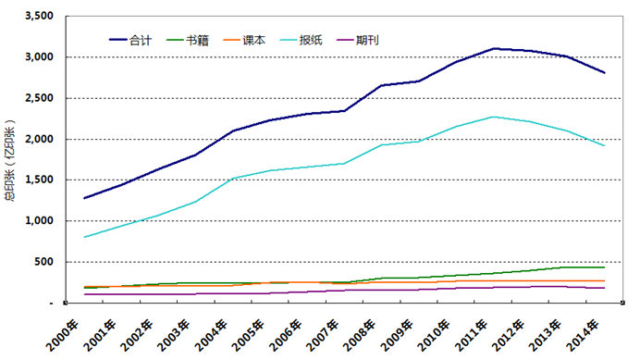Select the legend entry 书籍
pyautogui.click(x=196, y=40)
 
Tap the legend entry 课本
pyautogui.click(x=253, y=40)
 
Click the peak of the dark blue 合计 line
pyautogui.click(x=494, y=48)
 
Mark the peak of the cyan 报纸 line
pyautogui.click(x=494, y=117)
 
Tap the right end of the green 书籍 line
pyautogui.click(x=605, y=267)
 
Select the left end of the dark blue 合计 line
pyautogui.click(x=84, y=198)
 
